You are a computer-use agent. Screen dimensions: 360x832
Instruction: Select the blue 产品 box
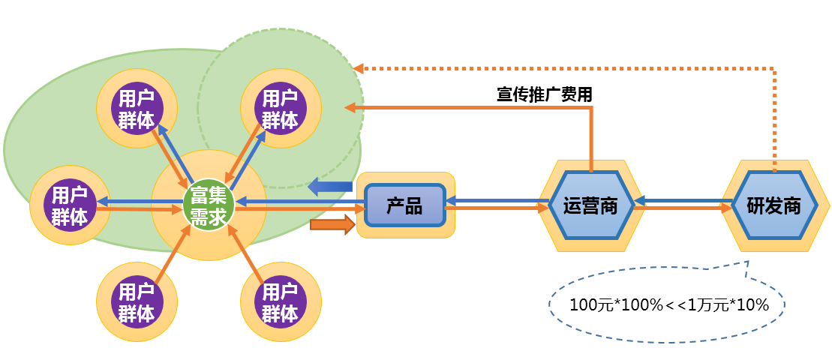click(405, 205)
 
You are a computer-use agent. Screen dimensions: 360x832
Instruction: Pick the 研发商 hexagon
click(773, 205)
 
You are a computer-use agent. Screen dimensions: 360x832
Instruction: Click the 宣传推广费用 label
click(545, 94)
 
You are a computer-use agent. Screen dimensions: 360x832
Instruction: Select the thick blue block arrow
click(331, 186)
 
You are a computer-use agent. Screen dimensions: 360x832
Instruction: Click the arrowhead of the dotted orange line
click(359, 68)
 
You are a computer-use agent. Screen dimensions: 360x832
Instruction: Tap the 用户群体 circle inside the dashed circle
click(280, 109)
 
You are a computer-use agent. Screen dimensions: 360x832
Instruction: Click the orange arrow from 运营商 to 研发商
click(683, 211)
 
